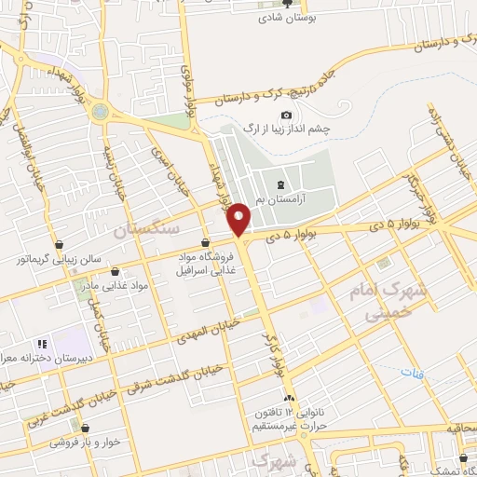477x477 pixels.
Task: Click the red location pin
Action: tap(239, 219)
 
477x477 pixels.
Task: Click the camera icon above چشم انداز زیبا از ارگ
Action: tap(259, 114)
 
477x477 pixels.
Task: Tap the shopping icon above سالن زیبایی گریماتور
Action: tap(60, 244)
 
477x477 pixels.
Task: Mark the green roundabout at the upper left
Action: tap(99, 111)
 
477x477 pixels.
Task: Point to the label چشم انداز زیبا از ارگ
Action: tap(287, 128)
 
